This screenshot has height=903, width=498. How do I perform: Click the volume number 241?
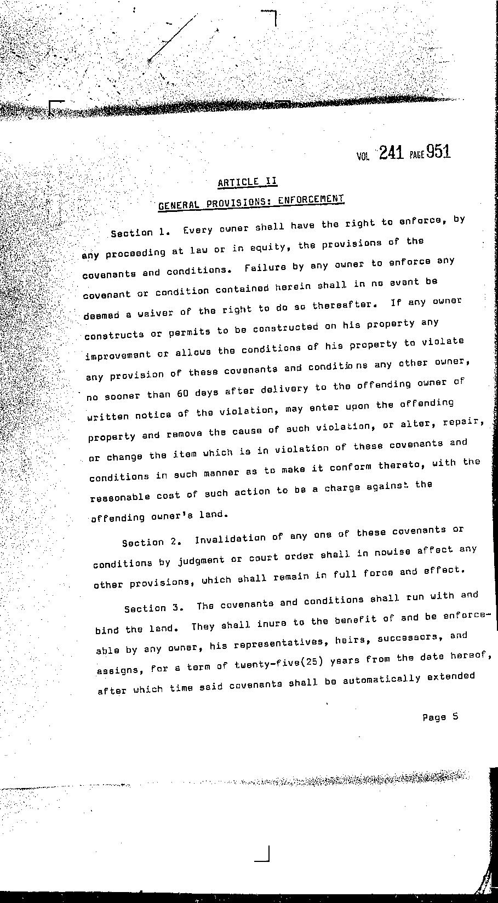(391, 153)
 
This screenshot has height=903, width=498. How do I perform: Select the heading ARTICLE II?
(247, 182)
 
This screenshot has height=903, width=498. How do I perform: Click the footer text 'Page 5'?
(440, 717)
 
